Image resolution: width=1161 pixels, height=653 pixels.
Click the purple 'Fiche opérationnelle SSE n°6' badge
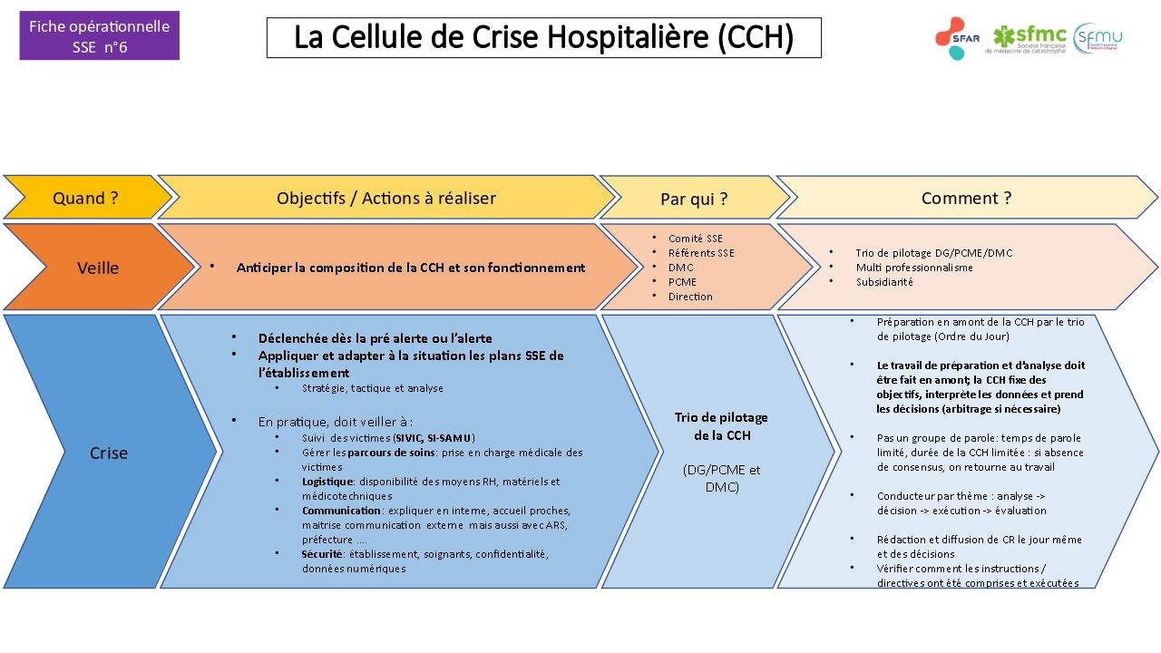coord(99,36)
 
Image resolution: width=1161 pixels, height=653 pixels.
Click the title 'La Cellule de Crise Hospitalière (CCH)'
coord(543,38)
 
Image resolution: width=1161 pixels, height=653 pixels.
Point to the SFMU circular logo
coord(1098,38)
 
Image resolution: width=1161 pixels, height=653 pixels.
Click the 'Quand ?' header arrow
coord(85,198)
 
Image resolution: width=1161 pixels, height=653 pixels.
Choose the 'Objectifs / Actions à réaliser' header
coord(385,198)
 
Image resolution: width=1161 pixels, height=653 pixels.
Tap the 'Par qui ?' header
coord(693,199)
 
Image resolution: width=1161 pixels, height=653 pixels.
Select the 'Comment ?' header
coord(965,198)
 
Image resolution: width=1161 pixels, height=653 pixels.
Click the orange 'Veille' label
coord(98,268)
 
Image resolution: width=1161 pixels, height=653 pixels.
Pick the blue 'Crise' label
coord(108,453)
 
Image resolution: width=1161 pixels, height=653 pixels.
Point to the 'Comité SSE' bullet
coord(695,239)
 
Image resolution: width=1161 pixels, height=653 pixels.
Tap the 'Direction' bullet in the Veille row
coord(690,297)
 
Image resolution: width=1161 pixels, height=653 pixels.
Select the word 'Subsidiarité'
coord(884,282)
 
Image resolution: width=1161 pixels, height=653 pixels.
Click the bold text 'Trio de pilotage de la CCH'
coord(721,426)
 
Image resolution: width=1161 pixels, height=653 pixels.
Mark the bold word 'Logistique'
coord(327,482)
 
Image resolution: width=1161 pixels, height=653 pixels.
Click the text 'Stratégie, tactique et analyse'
coord(372,388)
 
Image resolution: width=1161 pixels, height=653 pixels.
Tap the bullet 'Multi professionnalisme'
coord(913,268)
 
